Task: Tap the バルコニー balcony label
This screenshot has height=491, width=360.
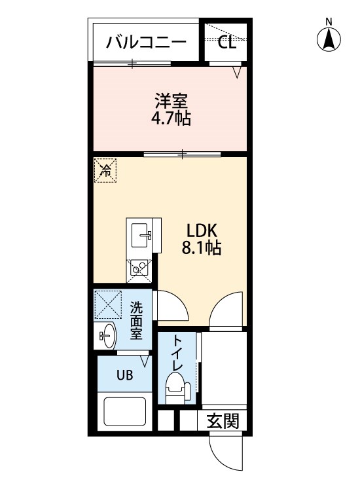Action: pos(146,43)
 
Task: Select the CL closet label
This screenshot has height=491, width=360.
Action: pos(226,43)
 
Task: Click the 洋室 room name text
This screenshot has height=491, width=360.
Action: pos(171,101)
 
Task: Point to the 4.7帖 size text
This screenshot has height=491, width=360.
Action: pos(171,118)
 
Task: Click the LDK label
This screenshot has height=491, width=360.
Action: pos(202,231)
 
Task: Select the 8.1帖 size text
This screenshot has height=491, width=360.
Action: pos(202,248)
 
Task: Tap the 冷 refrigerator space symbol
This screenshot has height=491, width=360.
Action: pos(105,170)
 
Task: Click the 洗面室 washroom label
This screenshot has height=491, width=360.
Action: pos(137,320)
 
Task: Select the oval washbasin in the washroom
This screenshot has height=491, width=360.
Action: pos(108,336)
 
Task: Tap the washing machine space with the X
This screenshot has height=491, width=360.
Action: pos(108,304)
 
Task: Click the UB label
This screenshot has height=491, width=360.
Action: pos(124,374)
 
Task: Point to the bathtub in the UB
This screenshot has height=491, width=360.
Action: pos(124,412)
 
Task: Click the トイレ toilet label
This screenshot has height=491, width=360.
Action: pos(177,353)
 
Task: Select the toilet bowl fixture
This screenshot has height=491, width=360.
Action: pos(177,388)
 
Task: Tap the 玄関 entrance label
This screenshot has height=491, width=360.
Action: pos(223,421)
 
